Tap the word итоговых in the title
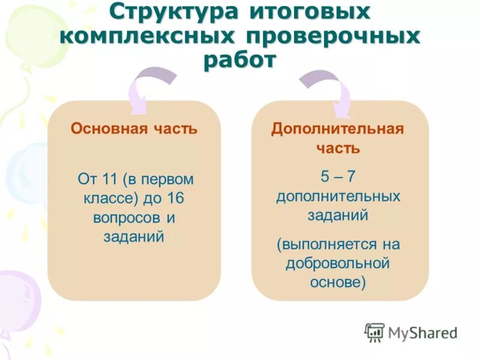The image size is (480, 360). [x=309, y=14]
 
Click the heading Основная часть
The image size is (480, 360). [x=134, y=128]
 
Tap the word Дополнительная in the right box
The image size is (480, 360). [x=337, y=129]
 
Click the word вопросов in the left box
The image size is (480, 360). [x=126, y=217]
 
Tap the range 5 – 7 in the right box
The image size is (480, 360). [x=338, y=176]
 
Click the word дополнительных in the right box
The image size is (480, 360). [x=338, y=196]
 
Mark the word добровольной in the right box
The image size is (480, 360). [x=338, y=263]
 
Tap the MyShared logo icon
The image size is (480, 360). [x=374, y=332]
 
